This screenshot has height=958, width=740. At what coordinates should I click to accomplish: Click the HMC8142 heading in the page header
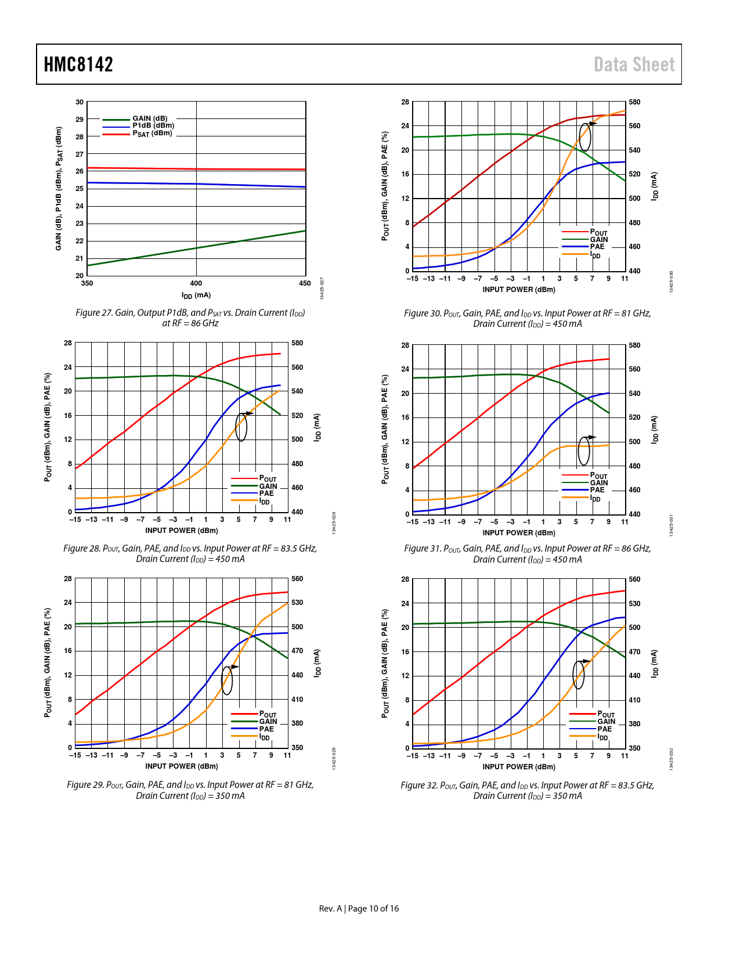[78, 64]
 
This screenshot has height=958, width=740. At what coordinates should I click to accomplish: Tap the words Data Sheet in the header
[634, 64]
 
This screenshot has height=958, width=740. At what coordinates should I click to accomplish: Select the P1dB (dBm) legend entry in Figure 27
[153, 125]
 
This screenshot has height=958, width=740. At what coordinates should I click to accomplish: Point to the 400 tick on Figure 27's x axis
[196, 283]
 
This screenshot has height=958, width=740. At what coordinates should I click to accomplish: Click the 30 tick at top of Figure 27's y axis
[80, 102]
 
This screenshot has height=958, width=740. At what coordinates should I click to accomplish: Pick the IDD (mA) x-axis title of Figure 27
[196, 296]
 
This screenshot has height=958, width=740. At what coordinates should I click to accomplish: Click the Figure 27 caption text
[190, 318]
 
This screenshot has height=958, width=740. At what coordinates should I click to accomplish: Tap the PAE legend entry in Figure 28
[266, 494]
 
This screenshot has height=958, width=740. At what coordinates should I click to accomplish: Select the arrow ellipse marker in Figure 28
[241, 427]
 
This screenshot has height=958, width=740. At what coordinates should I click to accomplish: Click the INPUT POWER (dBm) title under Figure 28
[182, 531]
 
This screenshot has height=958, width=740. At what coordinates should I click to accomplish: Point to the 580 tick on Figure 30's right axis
[634, 102]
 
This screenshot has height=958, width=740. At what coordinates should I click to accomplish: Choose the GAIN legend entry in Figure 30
[599, 240]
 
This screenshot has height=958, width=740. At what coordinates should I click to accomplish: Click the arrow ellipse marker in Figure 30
[585, 137]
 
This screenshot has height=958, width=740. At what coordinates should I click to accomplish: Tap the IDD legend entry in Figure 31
[595, 498]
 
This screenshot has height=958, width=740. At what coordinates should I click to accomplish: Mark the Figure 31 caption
[528, 554]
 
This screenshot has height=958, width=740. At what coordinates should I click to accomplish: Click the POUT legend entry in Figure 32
[606, 714]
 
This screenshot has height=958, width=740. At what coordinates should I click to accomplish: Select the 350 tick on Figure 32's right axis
[634, 748]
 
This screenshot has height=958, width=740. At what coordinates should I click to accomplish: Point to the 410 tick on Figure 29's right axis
[297, 700]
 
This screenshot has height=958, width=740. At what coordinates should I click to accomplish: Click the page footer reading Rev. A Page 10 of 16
[359, 909]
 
